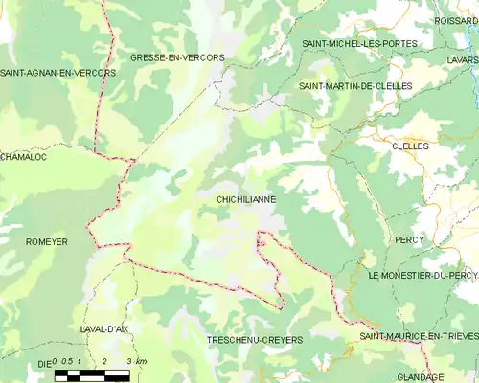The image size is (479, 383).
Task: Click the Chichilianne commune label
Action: (246, 200)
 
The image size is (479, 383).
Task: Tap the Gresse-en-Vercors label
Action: (177, 57)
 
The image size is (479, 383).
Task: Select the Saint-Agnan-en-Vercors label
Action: (57, 73)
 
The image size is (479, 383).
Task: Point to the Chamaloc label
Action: (23, 156)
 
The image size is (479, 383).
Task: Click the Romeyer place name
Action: (47, 242)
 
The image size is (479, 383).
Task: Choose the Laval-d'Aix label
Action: (104, 328)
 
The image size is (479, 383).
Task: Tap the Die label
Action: (42, 364)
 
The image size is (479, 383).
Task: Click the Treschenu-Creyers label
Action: (254, 340)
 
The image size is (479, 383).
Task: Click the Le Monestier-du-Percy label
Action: (422, 275)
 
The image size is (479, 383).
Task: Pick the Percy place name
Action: (409, 239)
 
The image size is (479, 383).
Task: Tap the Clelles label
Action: (410, 146)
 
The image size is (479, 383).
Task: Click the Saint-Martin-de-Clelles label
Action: (354, 86)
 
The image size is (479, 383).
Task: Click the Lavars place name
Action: (461, 58)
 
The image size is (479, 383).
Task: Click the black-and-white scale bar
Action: (91, 374)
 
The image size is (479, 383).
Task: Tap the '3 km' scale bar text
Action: (136, 361)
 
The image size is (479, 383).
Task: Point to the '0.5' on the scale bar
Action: (69, 361)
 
